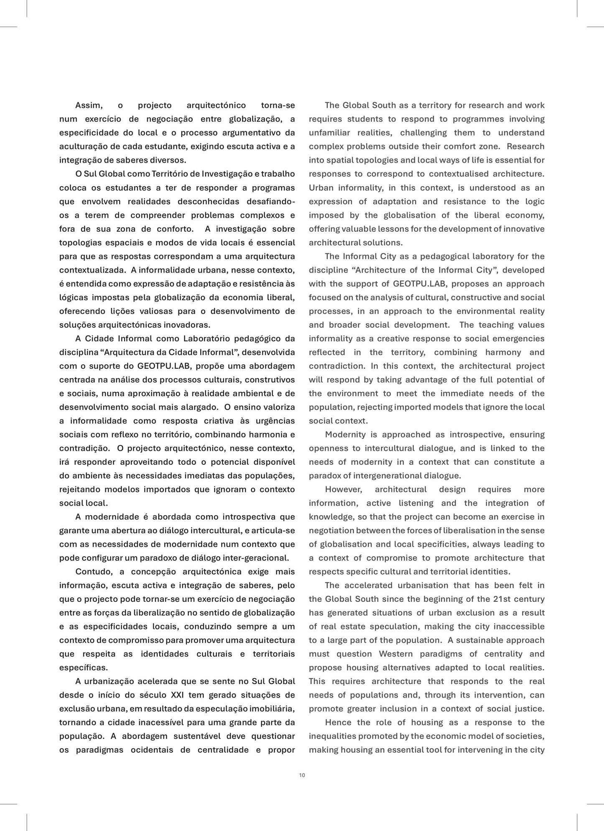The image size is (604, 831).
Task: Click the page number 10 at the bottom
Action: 302,775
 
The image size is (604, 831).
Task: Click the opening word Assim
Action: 89,105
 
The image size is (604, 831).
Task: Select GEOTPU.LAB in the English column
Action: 420,284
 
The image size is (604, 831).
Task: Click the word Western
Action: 395,654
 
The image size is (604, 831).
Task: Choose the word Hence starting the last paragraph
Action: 338,722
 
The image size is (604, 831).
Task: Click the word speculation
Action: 395,626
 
